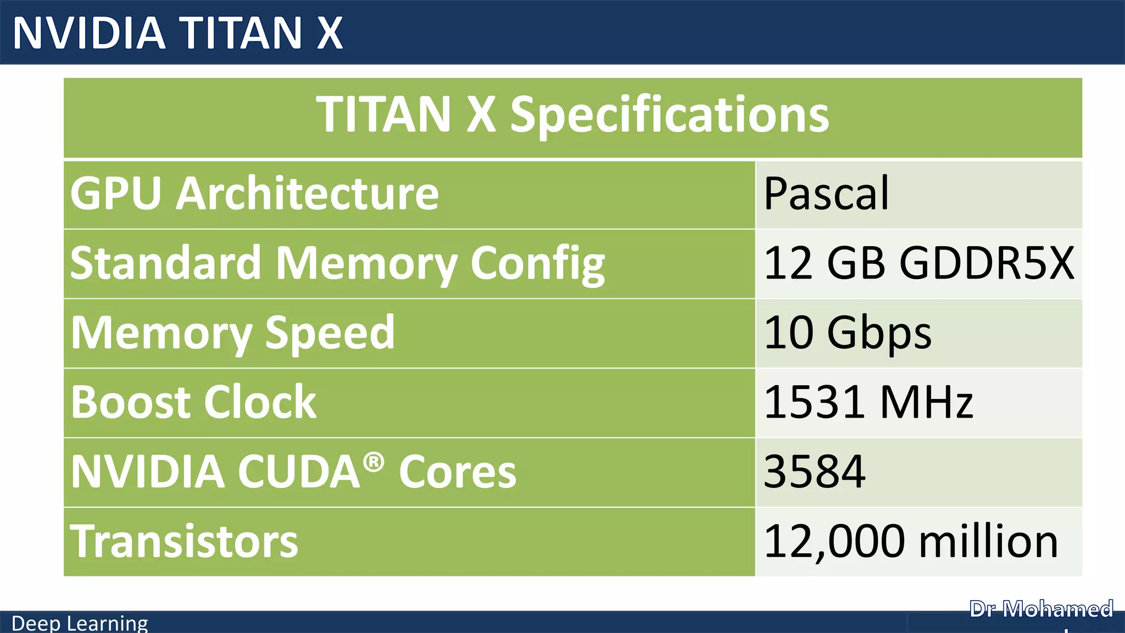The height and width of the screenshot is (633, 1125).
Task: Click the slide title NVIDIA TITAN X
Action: click(x=177, y=33)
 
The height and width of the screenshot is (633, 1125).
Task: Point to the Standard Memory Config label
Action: click(x=337, y=264)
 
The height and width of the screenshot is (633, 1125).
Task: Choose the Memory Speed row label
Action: click(x=233, y=333)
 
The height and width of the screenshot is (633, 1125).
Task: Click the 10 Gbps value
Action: click(x=848, y=333)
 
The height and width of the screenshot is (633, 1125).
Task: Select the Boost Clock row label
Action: click(x=193, y=402)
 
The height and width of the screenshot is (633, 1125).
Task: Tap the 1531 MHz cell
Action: click(x=868, y=402)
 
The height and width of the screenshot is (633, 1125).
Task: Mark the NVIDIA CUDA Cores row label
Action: click(x=293, y=471)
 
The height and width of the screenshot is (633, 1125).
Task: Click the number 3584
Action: click(x=815, y=471)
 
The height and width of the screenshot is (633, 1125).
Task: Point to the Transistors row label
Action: click(x=184, y=541)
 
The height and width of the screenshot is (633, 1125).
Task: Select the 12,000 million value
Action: click(x=911, y=541)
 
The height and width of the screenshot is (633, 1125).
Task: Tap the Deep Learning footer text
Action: click(x=80, y=624)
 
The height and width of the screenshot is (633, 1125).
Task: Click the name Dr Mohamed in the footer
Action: click(x=1041, y=609)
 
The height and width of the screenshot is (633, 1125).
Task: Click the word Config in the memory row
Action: click(x=538, y=264)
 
